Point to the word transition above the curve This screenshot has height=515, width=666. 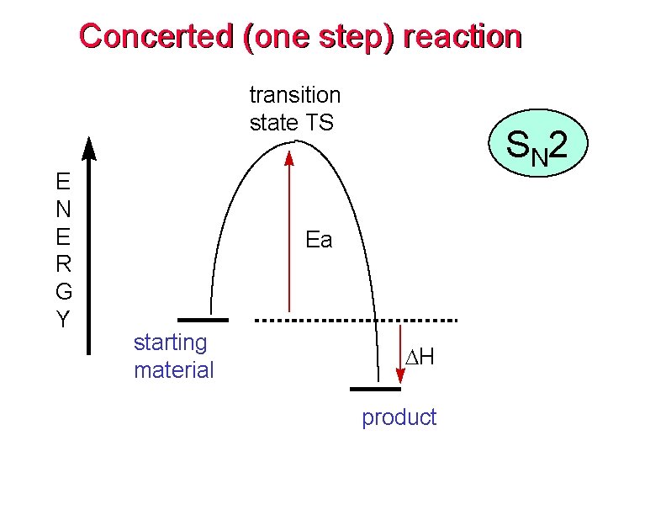(x=295, y=95)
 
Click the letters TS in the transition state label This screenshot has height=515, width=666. (x=319, y=123)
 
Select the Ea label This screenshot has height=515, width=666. (x=319, y=241)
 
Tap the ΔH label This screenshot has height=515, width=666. (x=420, y=358)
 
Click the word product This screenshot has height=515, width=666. (x=399, y=417)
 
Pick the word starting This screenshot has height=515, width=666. (x=170, y=342)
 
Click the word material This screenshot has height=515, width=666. (x=173, y=369)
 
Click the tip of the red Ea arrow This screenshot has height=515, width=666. (x=288, y=155)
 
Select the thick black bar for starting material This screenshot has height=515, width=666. (x=203, y=320)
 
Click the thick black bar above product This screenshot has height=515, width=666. (x=375, y=389)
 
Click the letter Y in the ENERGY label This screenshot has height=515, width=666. (x=63, y=320)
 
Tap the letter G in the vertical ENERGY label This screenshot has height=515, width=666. (x=63, y=292)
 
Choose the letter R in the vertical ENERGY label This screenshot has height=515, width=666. (x=63, y=264)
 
